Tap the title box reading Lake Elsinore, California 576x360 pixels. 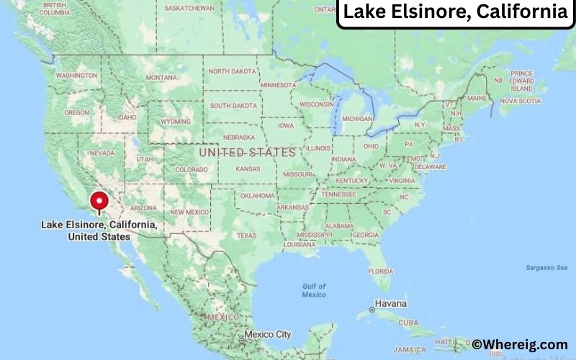(455, 12)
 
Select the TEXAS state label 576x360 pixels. (246, 235)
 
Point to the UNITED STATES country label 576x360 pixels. (247, 153)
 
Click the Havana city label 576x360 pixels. (391, 303)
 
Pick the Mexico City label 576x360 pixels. (267, 335)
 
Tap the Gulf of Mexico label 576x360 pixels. (314, 290)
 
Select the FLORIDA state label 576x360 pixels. (380, 271)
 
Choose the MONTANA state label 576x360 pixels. (161, 78)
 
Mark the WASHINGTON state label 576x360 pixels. (76, 76)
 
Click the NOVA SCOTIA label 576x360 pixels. (519, 101)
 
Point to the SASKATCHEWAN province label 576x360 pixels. (189, 8)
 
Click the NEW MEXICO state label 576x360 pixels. (189, 212)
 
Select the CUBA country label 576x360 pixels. (429, 322)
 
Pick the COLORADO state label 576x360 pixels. (191, 170)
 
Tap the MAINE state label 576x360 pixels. (477, 98)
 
